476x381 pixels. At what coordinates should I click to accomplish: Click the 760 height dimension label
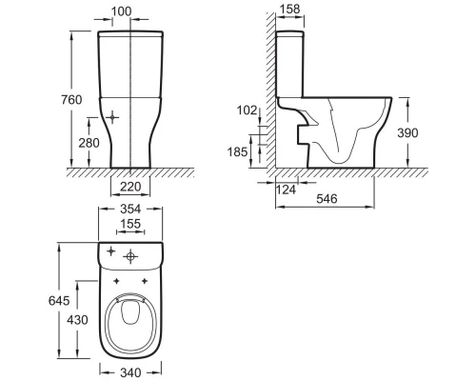(71, 100)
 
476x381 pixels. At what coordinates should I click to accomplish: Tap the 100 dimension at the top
(121, 11)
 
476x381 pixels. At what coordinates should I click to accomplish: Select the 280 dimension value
(89, 143)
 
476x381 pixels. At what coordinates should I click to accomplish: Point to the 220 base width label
(130, 187)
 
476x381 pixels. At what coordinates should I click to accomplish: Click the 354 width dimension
(130, 209)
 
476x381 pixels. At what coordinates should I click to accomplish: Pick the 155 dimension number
(130, 224)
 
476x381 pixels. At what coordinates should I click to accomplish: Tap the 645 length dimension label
(59, 300)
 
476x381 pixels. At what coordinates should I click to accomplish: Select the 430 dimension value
(77, 320)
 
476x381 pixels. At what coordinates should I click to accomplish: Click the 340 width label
(130, 372)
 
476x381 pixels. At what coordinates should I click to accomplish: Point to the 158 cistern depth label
(290, 10)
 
